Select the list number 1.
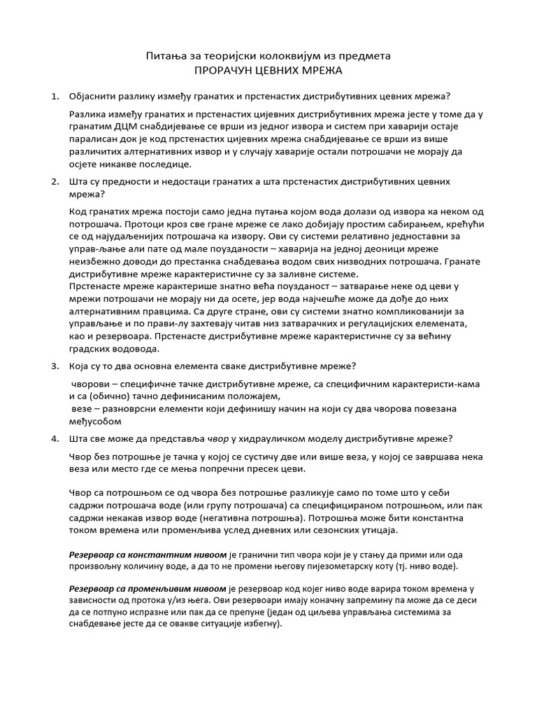pos(55,96)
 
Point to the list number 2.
pos(55,181)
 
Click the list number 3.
pos(55,366)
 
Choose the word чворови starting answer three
pos(91,384)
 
